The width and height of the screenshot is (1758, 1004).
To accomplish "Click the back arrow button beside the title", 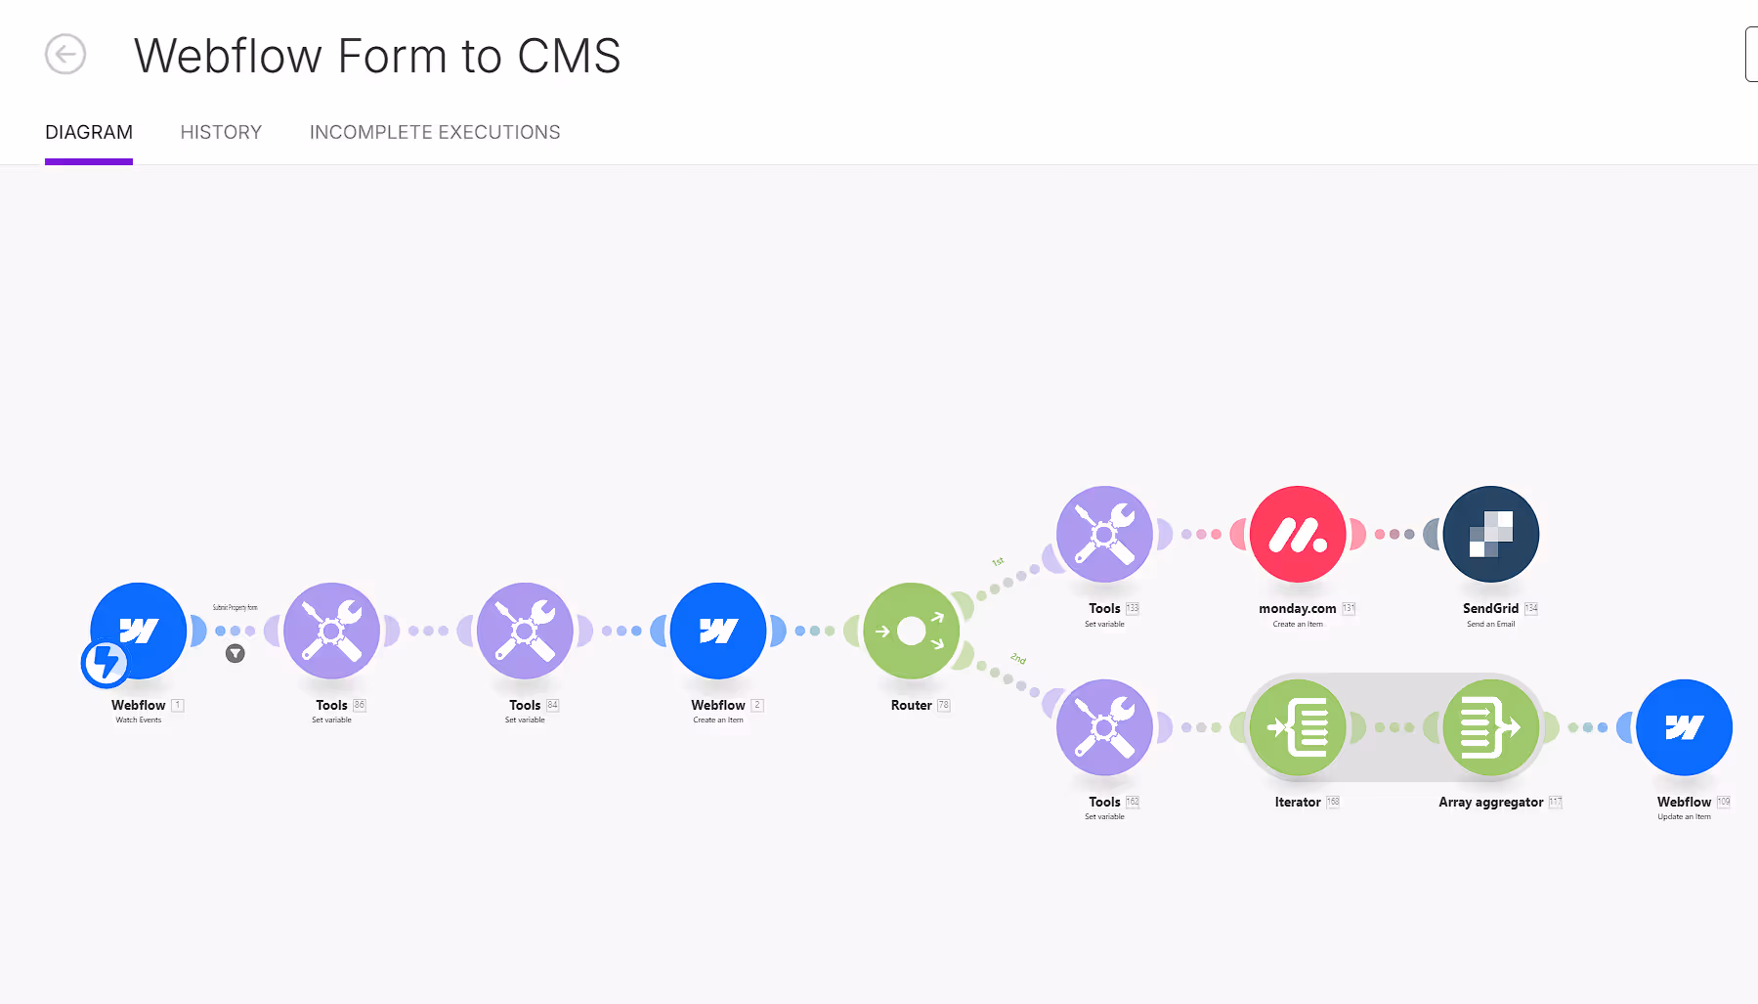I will [x=65, y=54].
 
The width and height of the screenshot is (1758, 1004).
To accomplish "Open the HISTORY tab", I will [x=221, y=132].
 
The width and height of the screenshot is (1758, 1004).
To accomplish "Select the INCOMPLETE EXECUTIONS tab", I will [x=435, y=132].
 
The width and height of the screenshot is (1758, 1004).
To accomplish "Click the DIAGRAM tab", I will [x=89, y=132].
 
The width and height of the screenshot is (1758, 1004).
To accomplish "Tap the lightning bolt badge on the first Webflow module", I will [x=104, y=664].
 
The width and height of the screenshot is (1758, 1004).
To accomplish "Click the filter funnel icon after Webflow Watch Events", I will [x=236, y=654].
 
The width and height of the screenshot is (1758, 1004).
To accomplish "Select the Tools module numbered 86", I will [x=331, y=631].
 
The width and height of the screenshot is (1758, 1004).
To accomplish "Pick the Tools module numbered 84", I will [x=525, y=631].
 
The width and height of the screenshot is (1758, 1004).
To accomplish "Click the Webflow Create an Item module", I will [x=718, y=631].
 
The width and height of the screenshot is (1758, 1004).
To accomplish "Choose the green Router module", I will [x=911, y=631].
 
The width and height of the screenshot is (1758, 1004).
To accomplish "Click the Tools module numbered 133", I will [x=1104, y=534].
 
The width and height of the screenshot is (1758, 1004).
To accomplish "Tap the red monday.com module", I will [x=1298, y=534].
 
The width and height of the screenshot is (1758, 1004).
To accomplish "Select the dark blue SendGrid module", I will [x=1490, y=534].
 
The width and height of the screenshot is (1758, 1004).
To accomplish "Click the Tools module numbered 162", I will [x=1104, y=727].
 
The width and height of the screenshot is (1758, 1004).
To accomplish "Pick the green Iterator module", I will [x=1298, y=727].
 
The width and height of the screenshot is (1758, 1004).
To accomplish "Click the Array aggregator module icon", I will [x=1490, y=727].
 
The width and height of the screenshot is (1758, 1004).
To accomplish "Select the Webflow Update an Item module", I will [x=1684, y=727].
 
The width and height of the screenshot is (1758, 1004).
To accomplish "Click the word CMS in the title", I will [x=569, y=56].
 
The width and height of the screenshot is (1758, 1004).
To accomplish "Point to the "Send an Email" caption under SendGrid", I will [x=1490, y=624].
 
